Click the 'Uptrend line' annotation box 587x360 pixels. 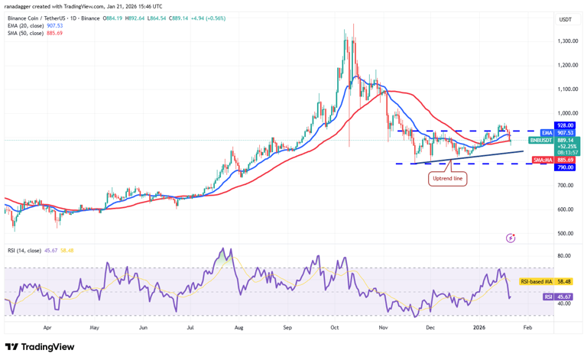(448, 178)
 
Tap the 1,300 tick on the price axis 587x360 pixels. (566, 41)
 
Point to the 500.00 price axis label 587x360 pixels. (566, 233)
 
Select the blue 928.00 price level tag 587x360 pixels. (566, 125)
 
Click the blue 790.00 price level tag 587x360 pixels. (566, 167)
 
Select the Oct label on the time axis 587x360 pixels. (335, 327)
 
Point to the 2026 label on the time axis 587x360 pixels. (478, 327)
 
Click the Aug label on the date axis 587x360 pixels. (238, 327)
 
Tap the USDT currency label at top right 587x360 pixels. (566, 19)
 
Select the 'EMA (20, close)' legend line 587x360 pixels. (35, 25)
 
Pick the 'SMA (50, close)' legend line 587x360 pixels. (35, 33)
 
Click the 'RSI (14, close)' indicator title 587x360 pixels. (34, 249)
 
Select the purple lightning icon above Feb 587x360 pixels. (511, 238)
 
